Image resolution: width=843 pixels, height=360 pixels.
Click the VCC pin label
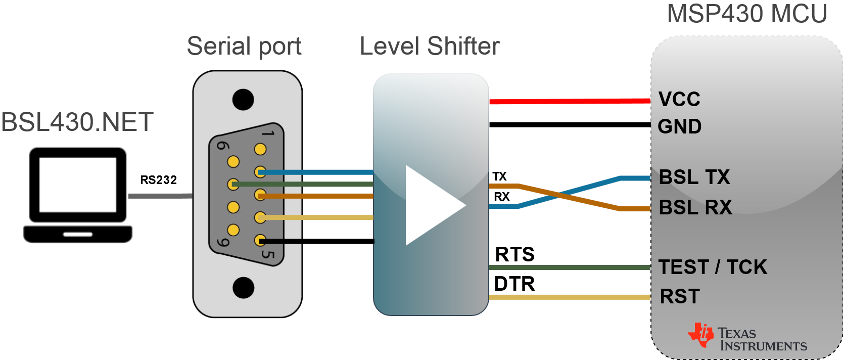(679, 99)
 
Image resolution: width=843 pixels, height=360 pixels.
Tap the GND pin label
(679, 126)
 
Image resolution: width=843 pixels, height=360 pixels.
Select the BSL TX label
(694, 177)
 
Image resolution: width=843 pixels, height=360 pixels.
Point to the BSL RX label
(695, 207)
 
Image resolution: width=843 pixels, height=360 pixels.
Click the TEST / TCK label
(713, 267)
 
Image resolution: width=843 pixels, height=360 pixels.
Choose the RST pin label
(680, 296)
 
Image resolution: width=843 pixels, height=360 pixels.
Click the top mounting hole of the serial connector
(243, 100)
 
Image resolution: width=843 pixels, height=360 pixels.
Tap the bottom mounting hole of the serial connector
(243, 287)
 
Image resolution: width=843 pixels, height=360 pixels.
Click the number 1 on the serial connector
(268, 133)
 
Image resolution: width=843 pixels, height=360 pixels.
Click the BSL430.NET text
(77, 122)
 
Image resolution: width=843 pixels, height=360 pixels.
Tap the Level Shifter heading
(430, 47)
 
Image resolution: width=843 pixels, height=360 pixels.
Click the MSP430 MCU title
(747, 14)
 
